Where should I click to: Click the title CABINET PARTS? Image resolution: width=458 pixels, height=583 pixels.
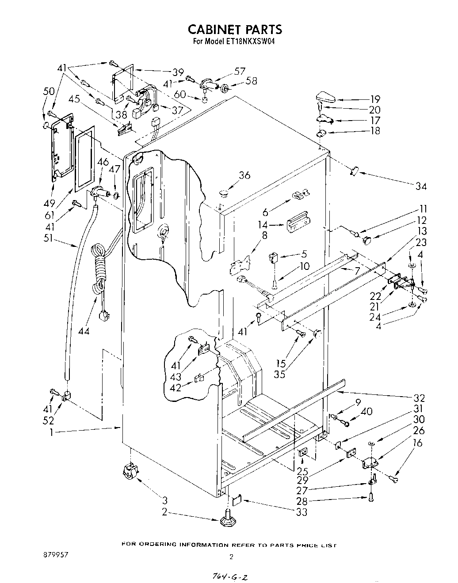[x=234, y=30]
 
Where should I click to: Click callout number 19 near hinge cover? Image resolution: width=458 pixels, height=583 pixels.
[x=375, y=99]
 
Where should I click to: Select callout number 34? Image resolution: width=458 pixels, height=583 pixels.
[x=421, y=186]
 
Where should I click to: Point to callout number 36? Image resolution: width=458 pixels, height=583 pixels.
[x=244, y=175]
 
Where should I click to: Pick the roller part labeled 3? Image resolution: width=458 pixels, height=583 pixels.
[x=129, y=472]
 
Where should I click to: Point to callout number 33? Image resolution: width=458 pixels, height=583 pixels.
[x=302, y=512]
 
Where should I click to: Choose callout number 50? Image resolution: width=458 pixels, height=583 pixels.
[x=49, y=91]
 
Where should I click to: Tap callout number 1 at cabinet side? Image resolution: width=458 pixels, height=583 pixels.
[x=51, y=433]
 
